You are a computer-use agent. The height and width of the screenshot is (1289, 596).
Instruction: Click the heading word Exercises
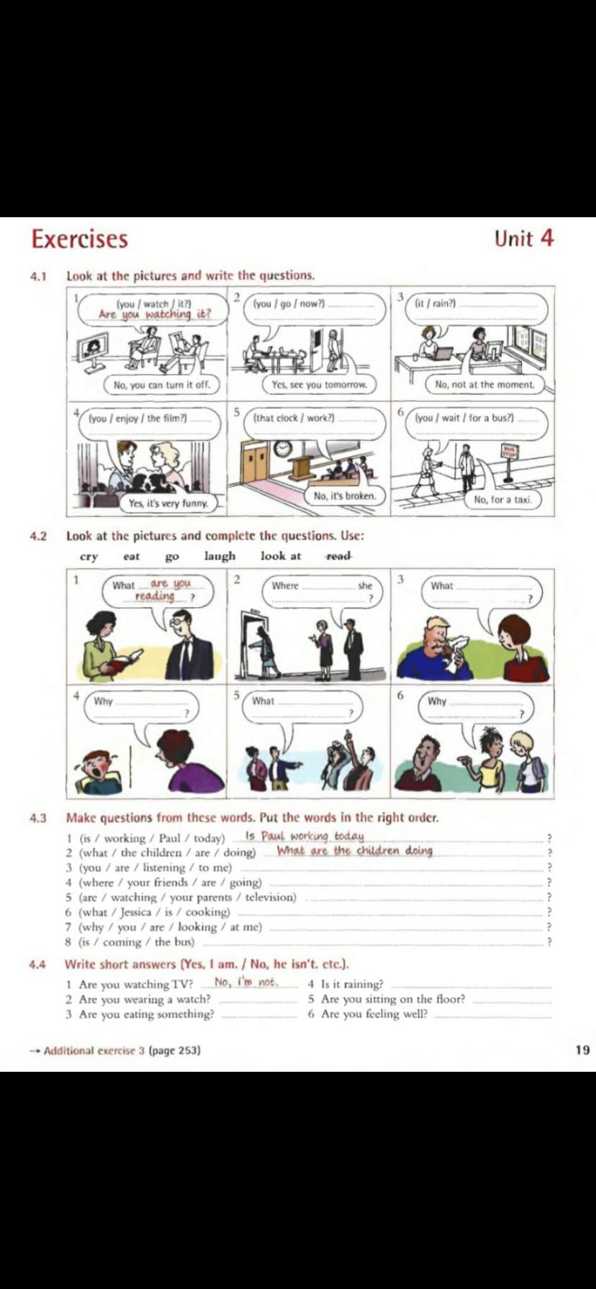(x=79, y=239)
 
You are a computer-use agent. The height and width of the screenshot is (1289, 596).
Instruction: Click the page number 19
(x=582, y=1049)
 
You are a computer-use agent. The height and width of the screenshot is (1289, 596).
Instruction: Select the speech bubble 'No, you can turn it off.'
(x=161, y=385)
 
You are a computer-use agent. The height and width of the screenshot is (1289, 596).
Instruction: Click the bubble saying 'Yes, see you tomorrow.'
(x=319, y=385)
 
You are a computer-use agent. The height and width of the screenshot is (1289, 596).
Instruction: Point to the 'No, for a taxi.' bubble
(x=502, y=499)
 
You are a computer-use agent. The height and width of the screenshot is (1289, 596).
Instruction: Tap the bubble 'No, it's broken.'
(x=344, y=496)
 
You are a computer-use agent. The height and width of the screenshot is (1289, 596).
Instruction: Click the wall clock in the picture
(x=283, y=448)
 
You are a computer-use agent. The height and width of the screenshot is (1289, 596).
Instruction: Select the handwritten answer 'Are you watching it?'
(x=155, y=314)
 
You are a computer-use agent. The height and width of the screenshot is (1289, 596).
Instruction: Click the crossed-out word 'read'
(x=338, y=556)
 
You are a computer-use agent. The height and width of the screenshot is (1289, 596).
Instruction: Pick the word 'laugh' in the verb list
(x=220, y=556)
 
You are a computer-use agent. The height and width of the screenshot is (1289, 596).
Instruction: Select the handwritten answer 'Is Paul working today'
(x=304, y=836)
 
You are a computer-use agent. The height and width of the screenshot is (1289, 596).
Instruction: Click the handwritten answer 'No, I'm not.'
(x=245, y=982)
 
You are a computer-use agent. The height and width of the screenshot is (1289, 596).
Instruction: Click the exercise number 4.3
(x=38, y=818)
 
